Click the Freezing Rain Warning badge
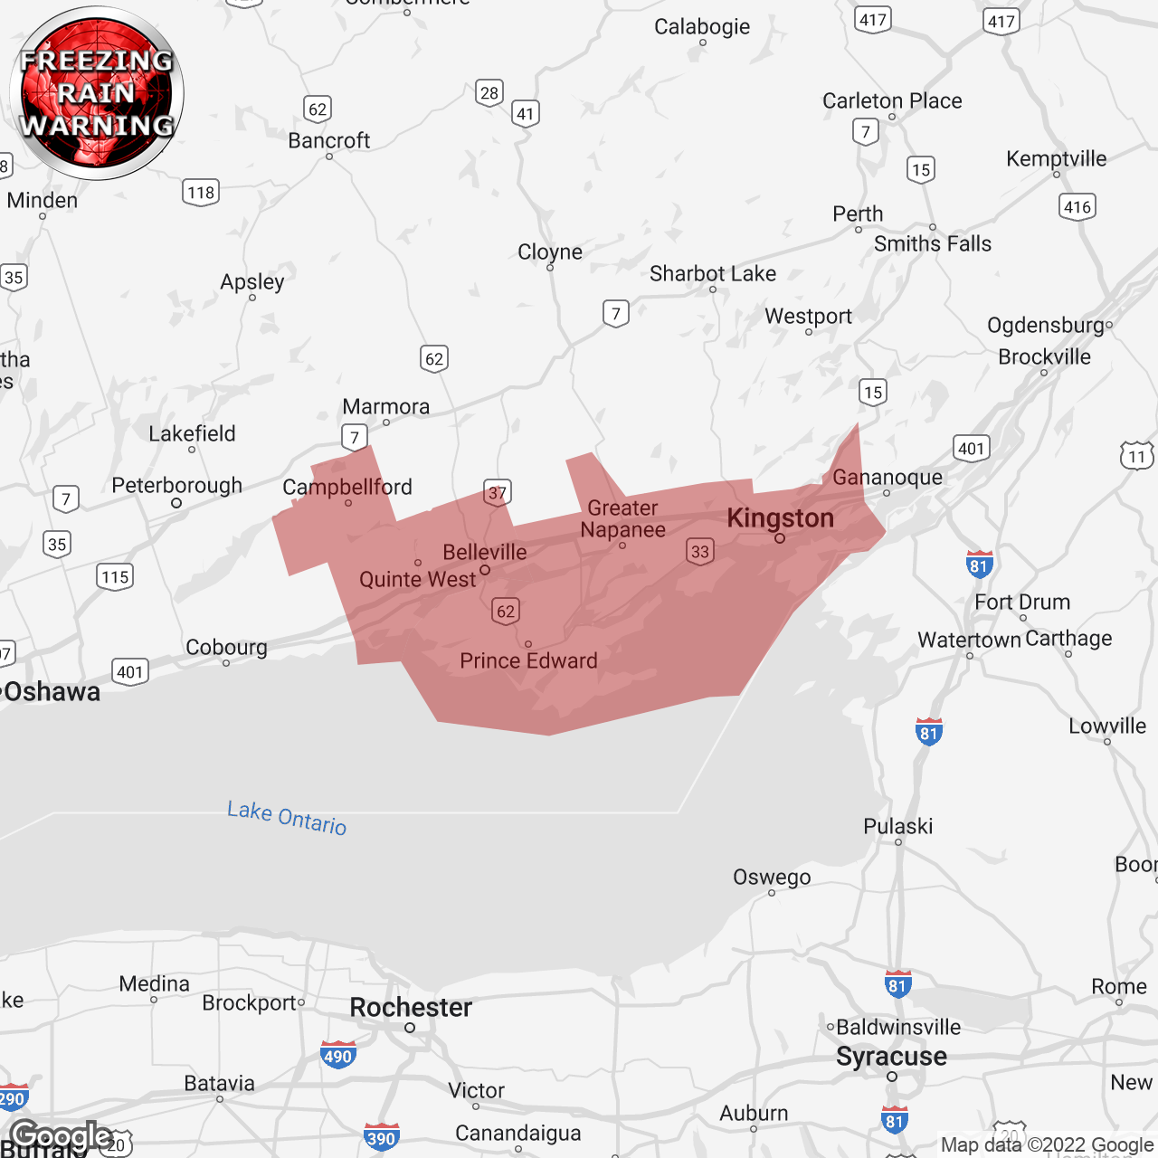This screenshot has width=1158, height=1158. tap(97, 93)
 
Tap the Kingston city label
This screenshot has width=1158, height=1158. tap(780, 518)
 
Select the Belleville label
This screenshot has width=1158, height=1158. tap(484, 552)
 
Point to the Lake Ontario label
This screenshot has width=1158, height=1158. tap(287, 817)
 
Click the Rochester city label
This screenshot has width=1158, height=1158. tap(411, 1008)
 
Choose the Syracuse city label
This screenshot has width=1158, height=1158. tap(891, 1057)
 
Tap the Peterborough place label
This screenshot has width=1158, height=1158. tap(176, 486)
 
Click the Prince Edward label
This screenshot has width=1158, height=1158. tap(528, 660)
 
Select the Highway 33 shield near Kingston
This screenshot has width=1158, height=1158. tap(699, 552)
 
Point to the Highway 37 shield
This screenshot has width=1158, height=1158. tap(498, 493)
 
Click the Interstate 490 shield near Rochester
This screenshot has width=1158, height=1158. tap(338, 1055)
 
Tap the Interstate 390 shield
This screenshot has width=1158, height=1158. tap(381, 1137)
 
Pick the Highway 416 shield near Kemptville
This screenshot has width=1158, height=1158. tap(1077, 207)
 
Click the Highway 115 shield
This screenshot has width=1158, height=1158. tap(115, 577)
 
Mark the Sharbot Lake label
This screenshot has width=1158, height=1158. tap(712, 273)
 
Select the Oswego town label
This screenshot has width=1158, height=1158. tap(772, 877)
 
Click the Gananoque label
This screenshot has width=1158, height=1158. tap(887, 477)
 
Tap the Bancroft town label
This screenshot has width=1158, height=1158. tap(328, 140)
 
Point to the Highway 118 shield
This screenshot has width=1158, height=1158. tap(201, 193)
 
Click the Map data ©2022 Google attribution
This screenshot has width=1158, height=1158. tap(1047, 1144)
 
